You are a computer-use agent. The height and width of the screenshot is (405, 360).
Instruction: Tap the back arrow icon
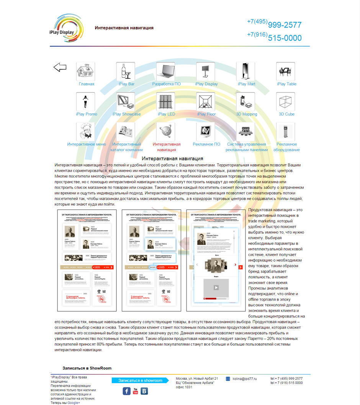tap(60, 67)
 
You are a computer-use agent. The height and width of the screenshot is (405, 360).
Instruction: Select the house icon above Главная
tap(86, 71)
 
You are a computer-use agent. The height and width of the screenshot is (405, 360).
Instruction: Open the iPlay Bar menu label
tap(126, 84)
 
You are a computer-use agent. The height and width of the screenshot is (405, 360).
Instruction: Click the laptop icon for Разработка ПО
tap(166, 71)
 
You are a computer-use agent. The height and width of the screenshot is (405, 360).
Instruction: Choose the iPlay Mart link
tap(246, 84)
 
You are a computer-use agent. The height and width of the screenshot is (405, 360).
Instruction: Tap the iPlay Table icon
tap(286, 71)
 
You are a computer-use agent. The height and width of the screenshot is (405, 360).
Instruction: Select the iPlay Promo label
tap(87, 114)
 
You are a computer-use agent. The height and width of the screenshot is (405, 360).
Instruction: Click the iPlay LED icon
tap(166, 101)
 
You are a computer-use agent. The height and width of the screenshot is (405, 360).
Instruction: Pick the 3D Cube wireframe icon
tap(286, 101)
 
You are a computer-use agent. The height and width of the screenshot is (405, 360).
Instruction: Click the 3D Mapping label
tap(246, 114)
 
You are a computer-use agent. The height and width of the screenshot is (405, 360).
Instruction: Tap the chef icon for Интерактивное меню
tap(86, 132)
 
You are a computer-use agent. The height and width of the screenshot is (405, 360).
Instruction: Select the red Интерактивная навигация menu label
tap(167, 147)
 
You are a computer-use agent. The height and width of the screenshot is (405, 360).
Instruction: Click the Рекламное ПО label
tap(206, 144)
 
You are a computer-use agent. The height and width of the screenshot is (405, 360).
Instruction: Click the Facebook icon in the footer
tap(126, 391)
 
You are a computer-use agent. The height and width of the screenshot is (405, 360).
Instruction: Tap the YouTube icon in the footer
tap(136, 391)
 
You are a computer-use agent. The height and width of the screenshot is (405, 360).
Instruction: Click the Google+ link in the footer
tap(74, 403)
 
